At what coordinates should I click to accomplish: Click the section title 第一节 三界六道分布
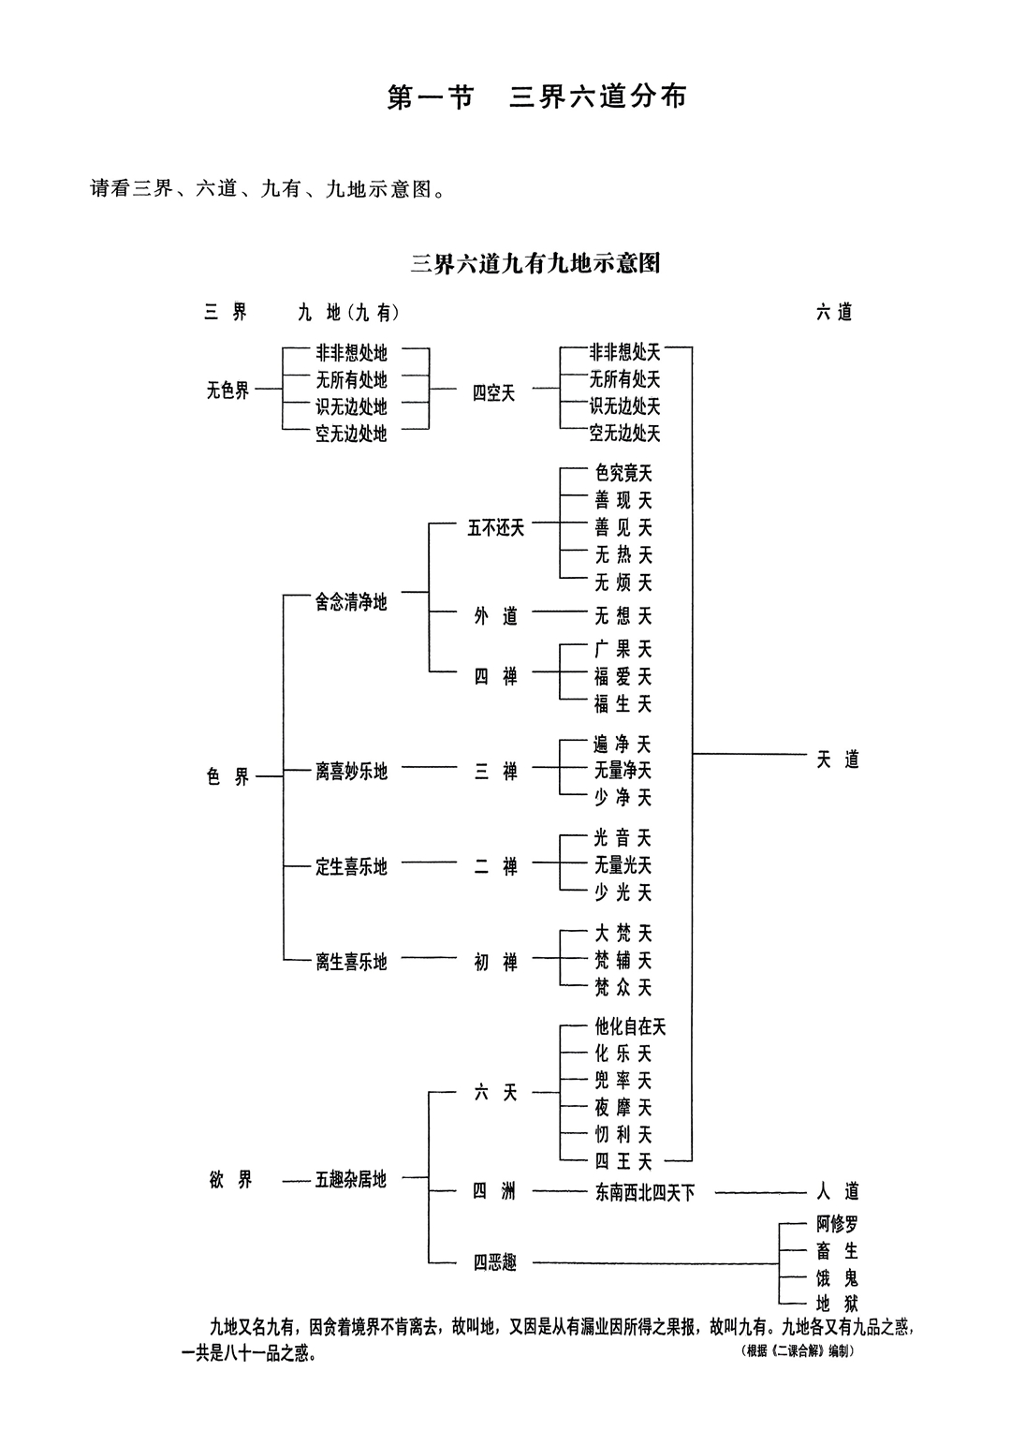pos(536,97)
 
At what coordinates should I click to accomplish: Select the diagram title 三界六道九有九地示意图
pos(535,263)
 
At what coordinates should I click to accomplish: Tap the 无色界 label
pos(228,391)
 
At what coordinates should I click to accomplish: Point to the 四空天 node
pos(493,393)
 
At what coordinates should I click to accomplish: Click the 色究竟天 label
pos(623,474)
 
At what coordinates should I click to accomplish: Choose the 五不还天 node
pos(496,528)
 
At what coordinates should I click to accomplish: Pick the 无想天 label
pos(623,615)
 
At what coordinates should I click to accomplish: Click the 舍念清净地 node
pos(351,602)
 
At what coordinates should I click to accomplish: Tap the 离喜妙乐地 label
pos(351,772)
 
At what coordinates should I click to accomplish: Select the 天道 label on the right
pos(837,759)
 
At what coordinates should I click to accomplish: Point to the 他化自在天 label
pos(630,1027)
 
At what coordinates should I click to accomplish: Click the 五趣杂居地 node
pos(351,1180)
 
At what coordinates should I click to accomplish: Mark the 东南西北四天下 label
pos(644,1193)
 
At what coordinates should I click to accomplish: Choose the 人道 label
pos(837,1192)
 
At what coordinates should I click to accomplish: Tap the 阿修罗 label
pos(837,1224)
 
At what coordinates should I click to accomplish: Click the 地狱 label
pos(837,1303)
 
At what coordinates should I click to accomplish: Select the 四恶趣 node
pos(494,1263)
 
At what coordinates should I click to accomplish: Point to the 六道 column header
pos(834,313)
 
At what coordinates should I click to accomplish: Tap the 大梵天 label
pos(623,934)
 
